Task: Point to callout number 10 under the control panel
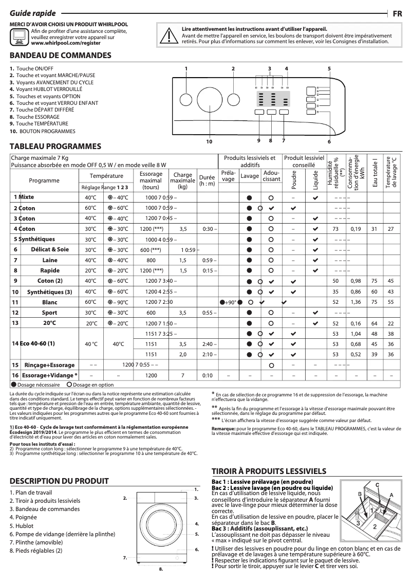[x=209, y=141]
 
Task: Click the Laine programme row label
[x=50, y=260]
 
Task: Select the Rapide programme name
[x=50, y=270]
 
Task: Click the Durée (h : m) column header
[x=207, y=180]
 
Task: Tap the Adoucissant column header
[x=271, y=176]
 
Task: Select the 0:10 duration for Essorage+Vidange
[x=207, y=375]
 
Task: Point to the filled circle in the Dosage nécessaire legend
[x=13, y=385]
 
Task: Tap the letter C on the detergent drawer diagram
[x=377, y=485]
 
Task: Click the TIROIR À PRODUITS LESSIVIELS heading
[x=269, y=470]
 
